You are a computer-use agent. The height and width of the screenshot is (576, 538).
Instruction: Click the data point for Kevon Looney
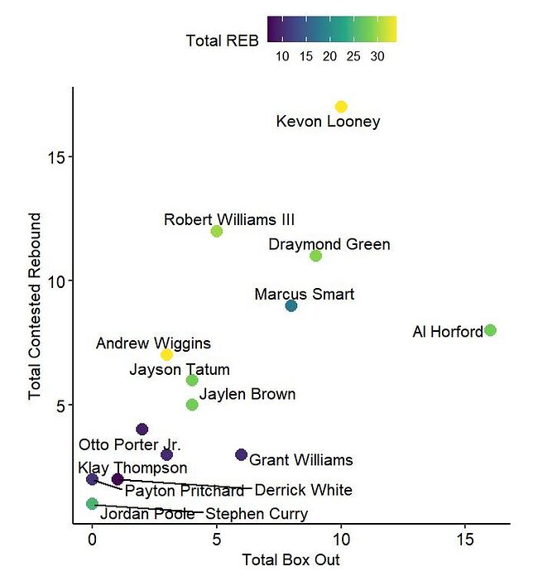coord(341,107)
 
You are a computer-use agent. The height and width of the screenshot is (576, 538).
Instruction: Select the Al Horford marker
coord(490,330)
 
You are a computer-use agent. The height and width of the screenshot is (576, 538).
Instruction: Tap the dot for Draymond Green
coord(315,256)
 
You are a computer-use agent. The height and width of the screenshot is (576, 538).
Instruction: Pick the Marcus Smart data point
coord(291,305)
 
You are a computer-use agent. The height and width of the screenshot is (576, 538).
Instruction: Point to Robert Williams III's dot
coord(217,231)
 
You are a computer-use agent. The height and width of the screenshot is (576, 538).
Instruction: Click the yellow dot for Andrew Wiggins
coord(166,355)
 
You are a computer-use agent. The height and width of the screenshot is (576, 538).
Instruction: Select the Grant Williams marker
coord(241,454)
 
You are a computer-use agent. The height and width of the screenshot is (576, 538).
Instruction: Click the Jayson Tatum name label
coord(180,369)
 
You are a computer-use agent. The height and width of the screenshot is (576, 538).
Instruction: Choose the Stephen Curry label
coord(257,514)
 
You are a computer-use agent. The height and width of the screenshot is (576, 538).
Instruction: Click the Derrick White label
coord(303,490)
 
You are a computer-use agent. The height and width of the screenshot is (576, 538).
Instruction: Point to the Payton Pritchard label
coord(185,491)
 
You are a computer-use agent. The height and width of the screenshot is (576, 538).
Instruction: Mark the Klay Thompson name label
coord(132,468)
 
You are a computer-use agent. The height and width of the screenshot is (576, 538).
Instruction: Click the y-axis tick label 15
coord(56,157)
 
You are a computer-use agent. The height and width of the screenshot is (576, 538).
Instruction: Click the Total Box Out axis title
coord(291,560)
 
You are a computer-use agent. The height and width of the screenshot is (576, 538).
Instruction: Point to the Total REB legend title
coord(223,40)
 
